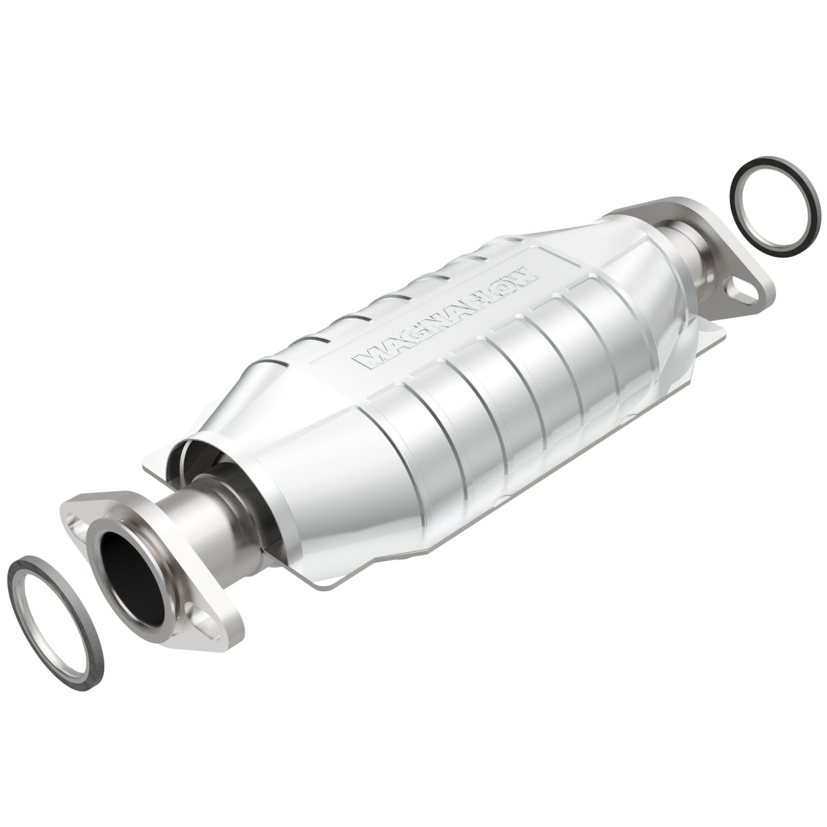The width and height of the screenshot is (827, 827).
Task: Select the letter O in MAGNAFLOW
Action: pos(505,286)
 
